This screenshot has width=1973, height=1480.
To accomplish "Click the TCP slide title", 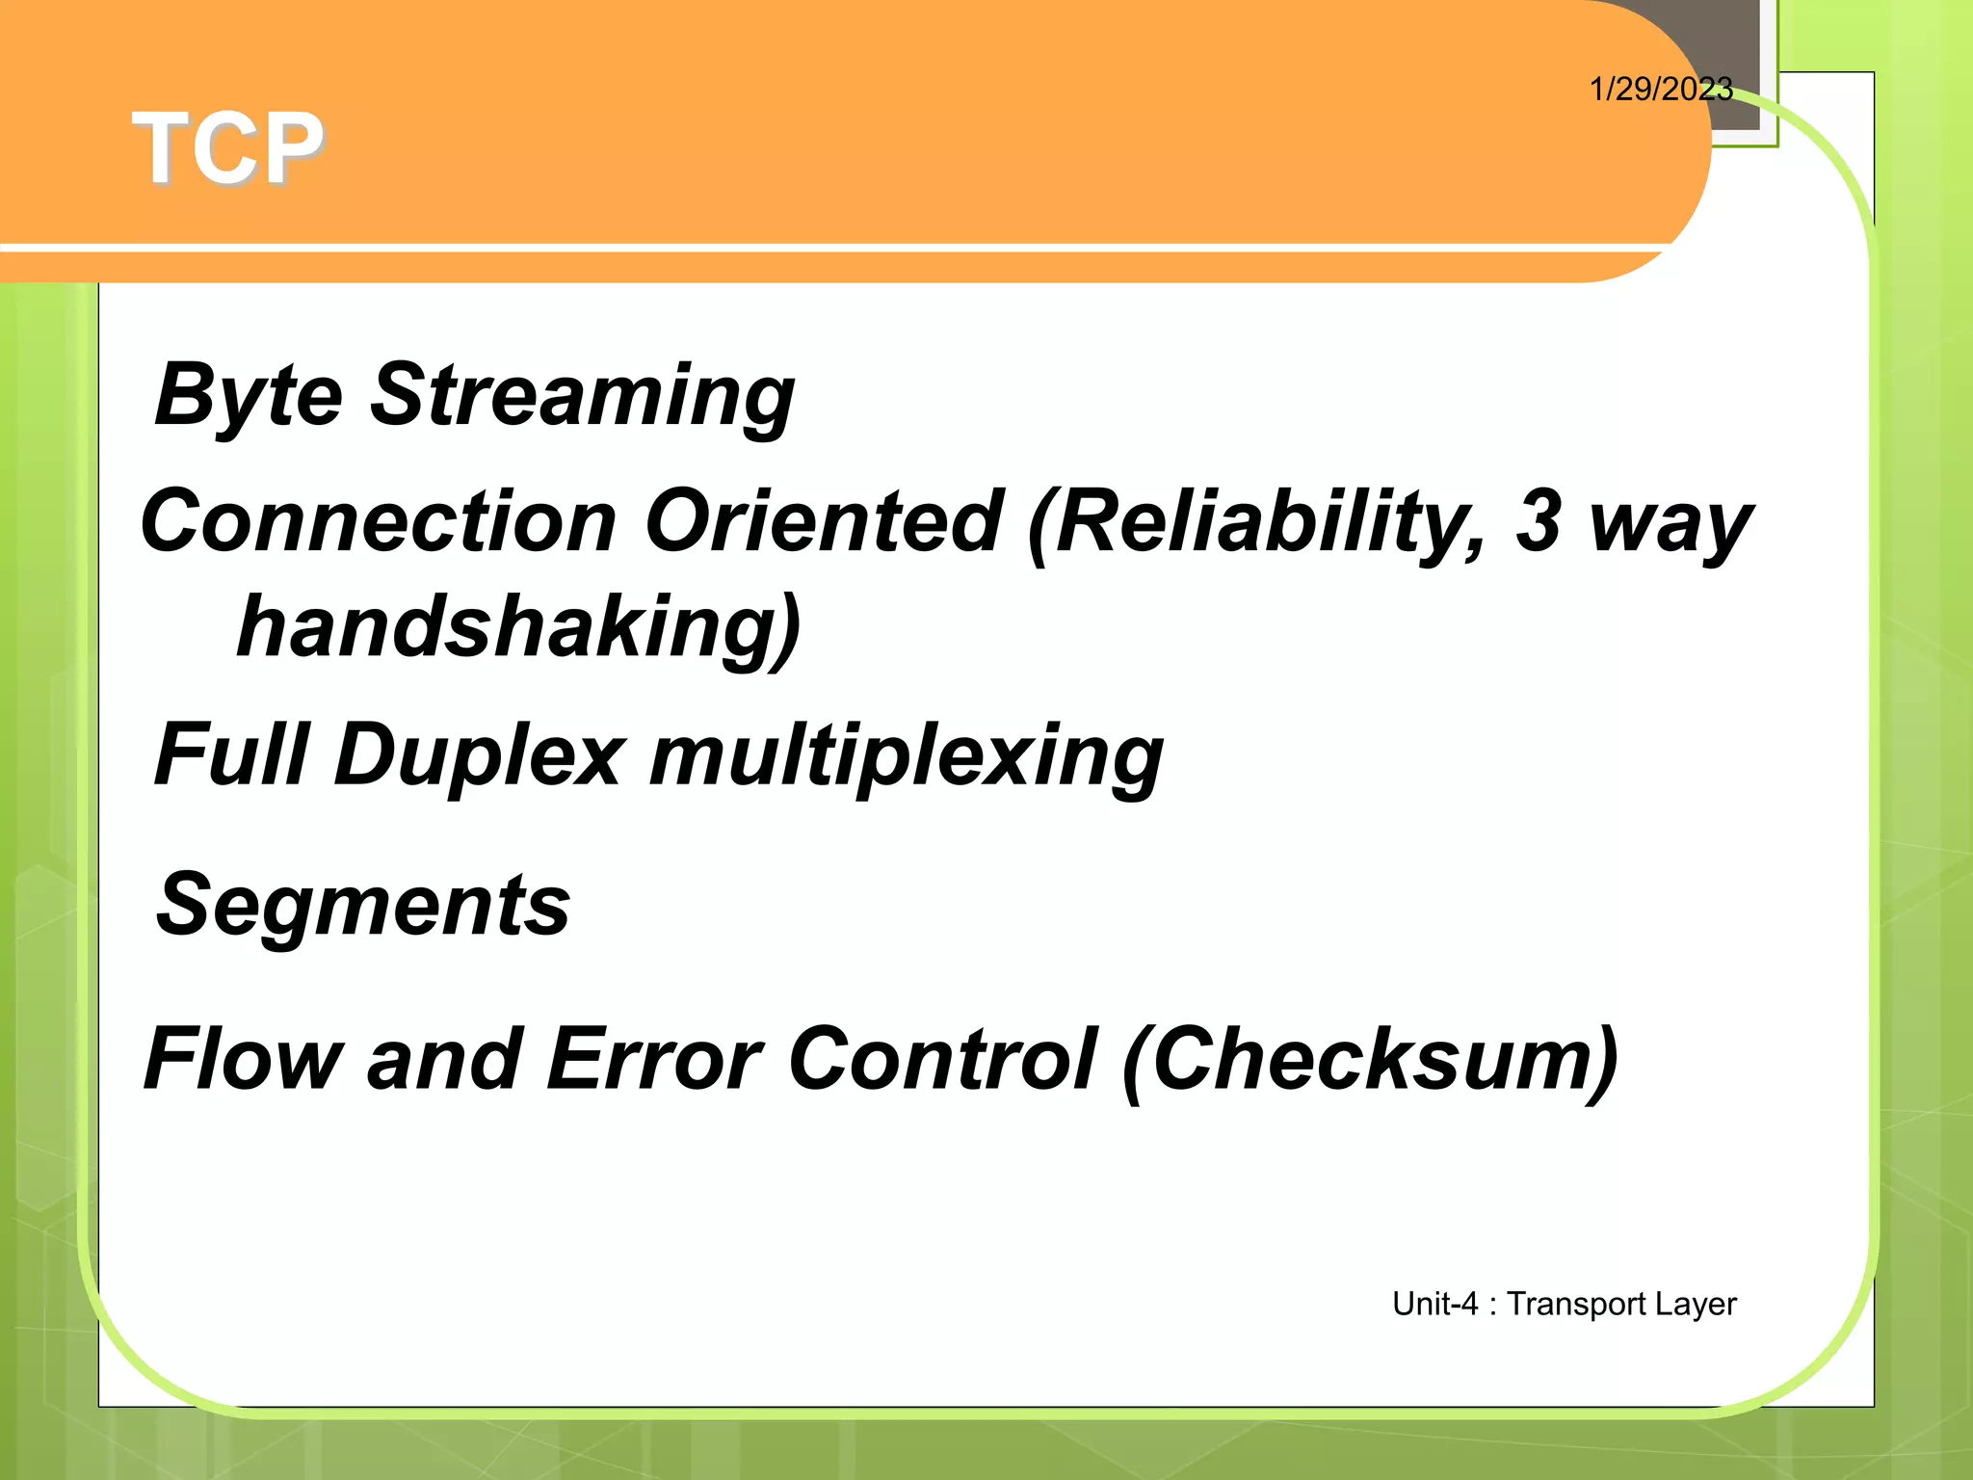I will [228, 148].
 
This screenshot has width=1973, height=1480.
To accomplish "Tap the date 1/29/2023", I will [1660, 90].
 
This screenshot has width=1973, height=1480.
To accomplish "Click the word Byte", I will [249, 395].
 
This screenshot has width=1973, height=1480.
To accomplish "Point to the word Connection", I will [379, 521].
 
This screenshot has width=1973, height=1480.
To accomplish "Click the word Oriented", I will [825, 521].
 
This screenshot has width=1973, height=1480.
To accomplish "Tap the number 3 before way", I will [1538, 521].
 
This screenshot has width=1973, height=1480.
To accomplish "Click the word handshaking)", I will [518, 628].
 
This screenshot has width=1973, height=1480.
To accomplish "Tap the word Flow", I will [243, 1059].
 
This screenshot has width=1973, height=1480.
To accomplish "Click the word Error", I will [654, 1059].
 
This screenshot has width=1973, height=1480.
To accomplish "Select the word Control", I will [942, 1059].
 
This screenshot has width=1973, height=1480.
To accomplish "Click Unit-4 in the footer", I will [1434, 1304].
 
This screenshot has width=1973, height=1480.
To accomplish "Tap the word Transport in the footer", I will [1576, 1305].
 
